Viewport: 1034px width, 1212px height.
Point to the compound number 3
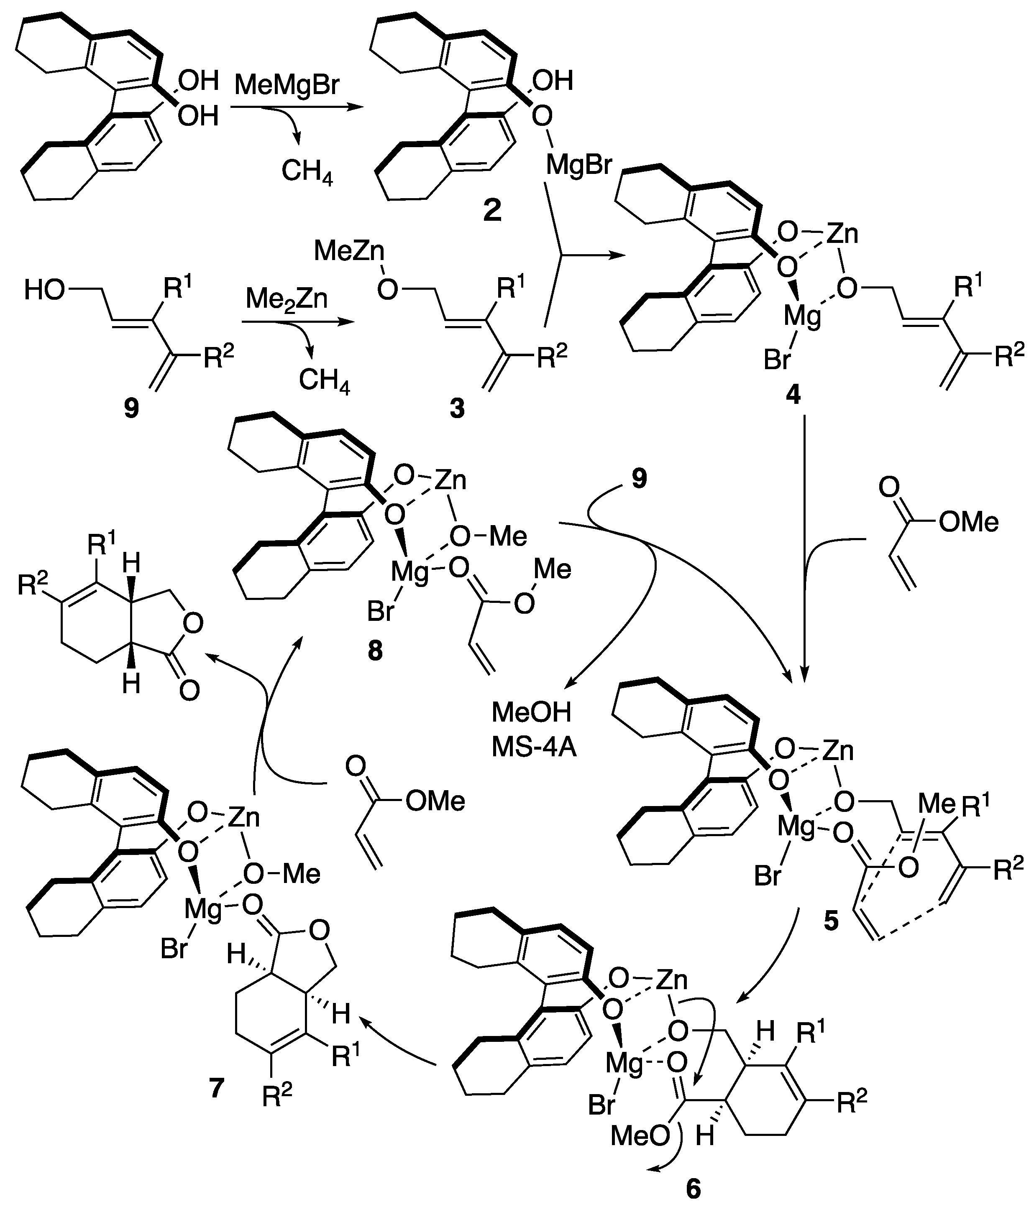456,408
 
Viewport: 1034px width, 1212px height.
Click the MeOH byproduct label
531,712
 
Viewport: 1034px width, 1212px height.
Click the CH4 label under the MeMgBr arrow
307,172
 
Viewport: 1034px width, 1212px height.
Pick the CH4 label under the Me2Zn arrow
324,381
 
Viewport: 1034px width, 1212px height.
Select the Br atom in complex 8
381,612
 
